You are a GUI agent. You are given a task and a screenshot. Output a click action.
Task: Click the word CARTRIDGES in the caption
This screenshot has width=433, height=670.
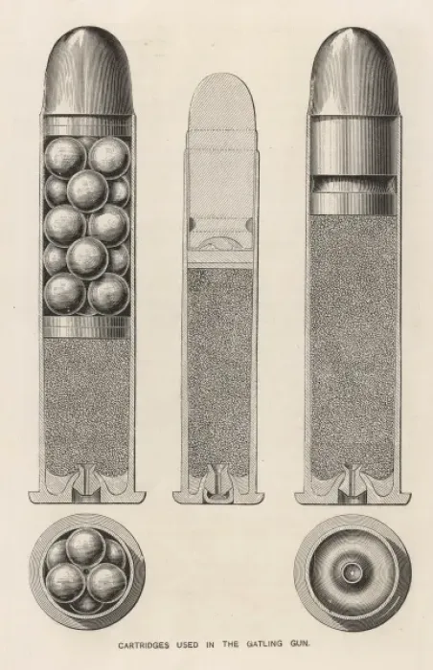point(144,645)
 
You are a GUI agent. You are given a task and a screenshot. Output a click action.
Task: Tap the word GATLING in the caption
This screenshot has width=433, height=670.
point(264,644)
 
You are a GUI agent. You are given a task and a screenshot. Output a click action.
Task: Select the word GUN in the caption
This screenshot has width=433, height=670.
point(300,643)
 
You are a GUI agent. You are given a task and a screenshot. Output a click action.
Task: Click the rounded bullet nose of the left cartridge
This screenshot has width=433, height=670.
point(88,71)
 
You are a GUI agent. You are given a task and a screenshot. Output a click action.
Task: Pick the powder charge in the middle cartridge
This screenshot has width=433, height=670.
point(220,371)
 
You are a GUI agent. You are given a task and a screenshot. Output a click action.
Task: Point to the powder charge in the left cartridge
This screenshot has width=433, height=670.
point(87,406)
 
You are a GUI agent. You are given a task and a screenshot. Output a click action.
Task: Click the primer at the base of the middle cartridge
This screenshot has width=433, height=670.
point(218,496)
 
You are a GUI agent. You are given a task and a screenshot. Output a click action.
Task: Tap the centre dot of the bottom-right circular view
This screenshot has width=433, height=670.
point(352,571)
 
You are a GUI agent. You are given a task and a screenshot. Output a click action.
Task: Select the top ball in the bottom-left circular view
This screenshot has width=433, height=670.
point(86,547)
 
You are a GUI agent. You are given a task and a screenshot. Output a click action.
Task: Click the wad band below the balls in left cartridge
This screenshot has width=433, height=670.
point(87,327)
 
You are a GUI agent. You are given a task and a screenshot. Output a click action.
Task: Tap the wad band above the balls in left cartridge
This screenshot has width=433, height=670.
point(87,125)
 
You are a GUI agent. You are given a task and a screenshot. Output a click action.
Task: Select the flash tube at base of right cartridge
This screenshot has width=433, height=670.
point(352,482)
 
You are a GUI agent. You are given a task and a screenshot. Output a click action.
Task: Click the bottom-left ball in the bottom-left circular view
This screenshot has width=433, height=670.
point(65,582)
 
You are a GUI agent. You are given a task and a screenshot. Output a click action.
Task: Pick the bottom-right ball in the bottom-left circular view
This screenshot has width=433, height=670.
point(106,582)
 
